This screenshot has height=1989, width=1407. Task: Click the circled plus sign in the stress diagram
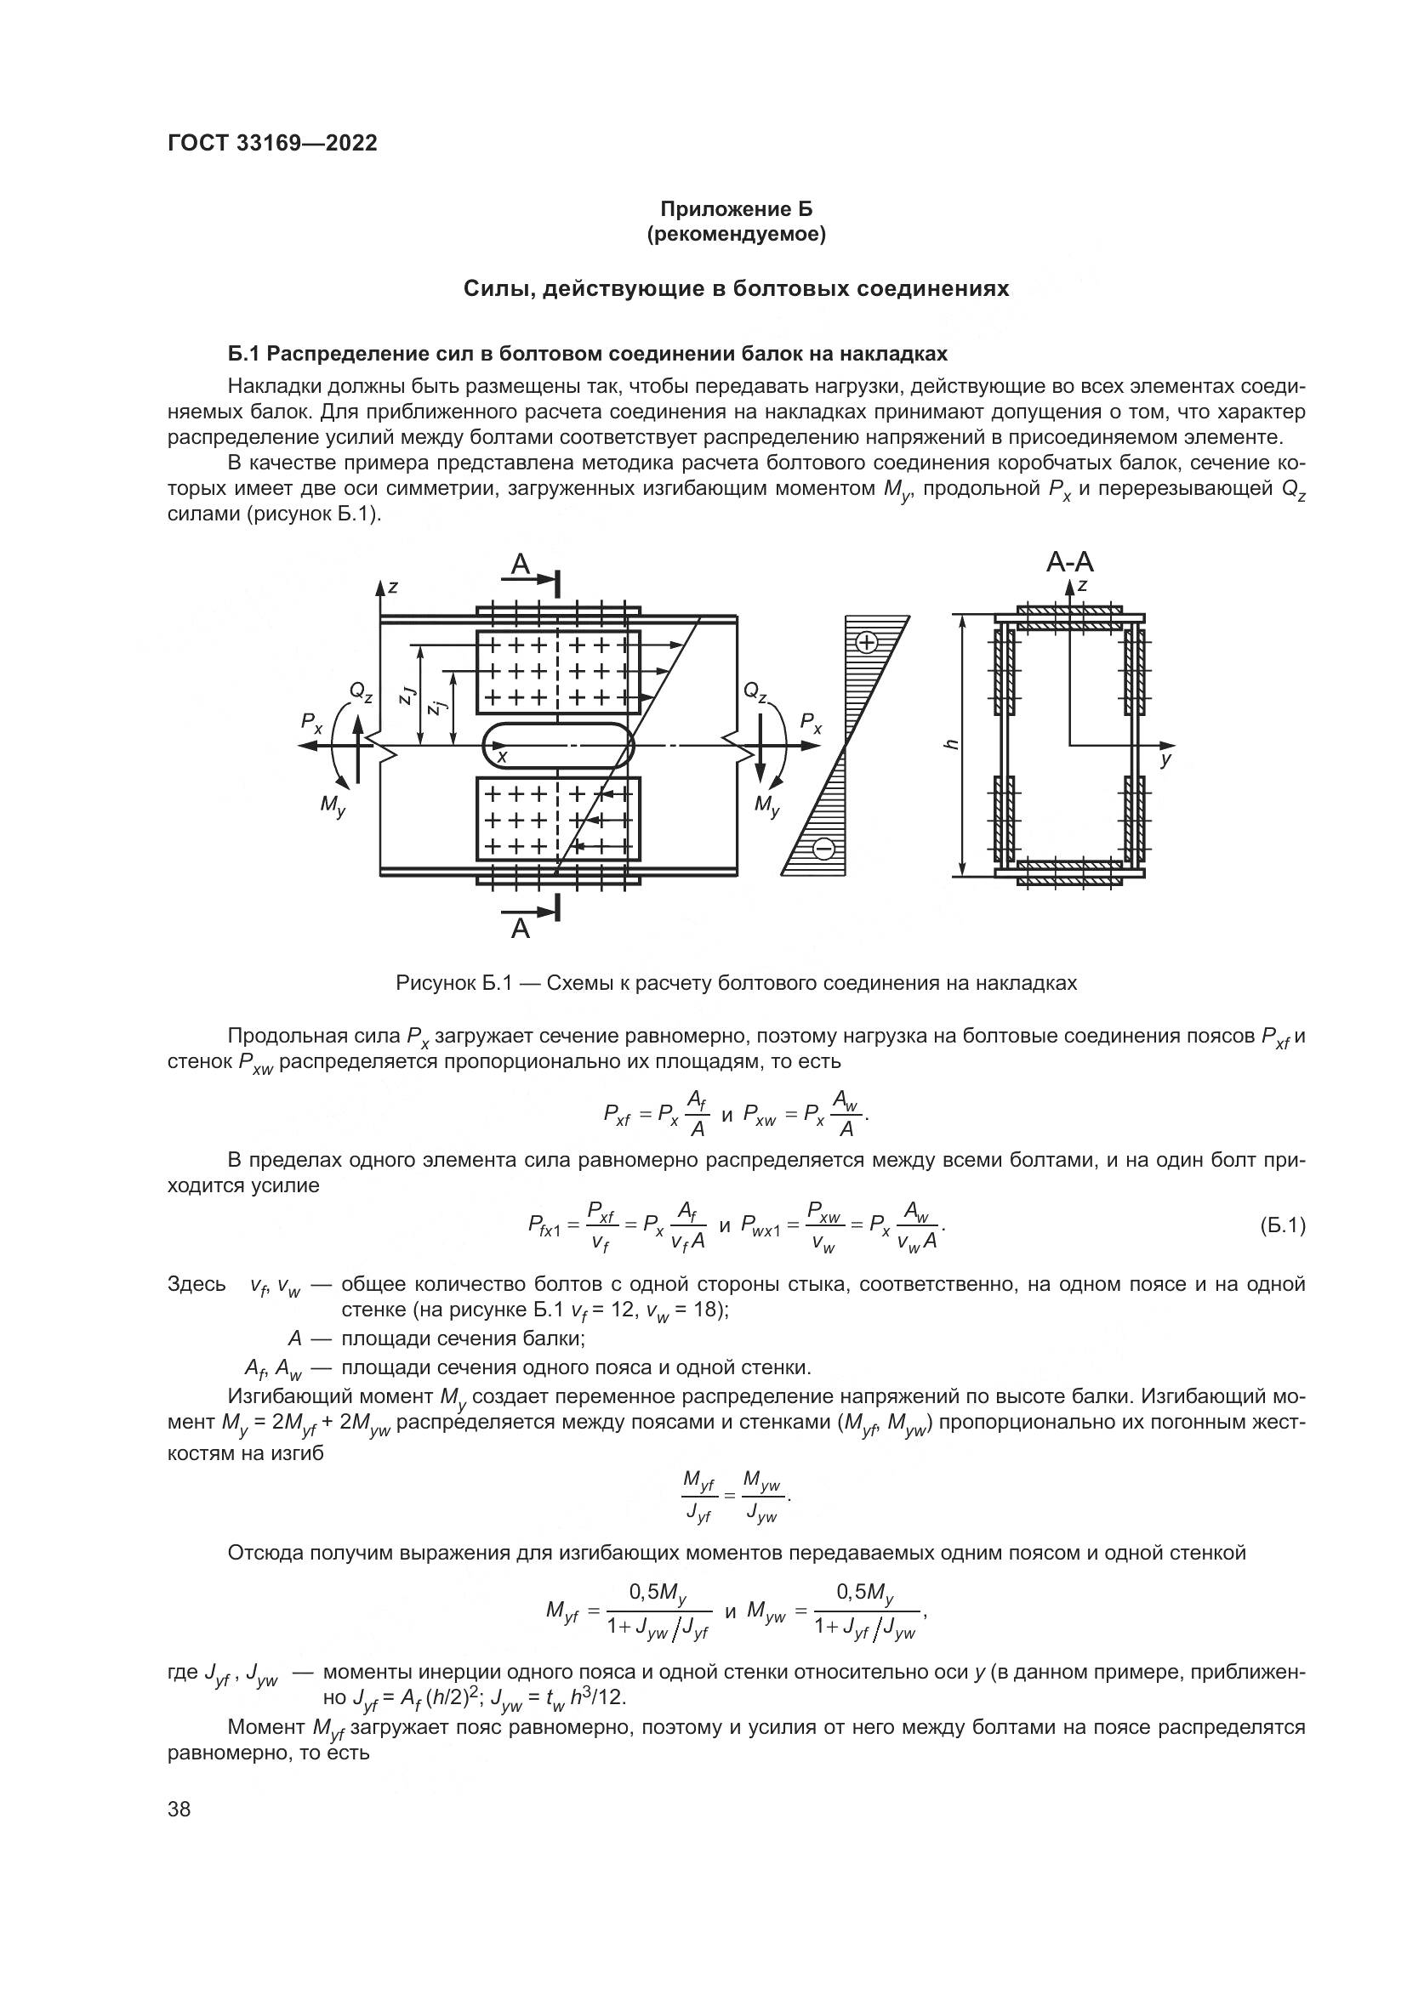coord(865,642)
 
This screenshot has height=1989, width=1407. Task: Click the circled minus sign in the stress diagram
coord(824,848)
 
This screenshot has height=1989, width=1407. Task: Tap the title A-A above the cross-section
coord(1069,562)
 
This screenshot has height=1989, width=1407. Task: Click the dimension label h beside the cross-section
coord(950,745)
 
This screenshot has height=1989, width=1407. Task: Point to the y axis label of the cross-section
coord(1166,759)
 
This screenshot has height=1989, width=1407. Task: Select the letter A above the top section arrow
coord(520,565)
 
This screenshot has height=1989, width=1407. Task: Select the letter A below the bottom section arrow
coord(520,929)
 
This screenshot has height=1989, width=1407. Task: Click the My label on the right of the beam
coord(766,804)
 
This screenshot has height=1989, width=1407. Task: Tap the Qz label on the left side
coord(361,691)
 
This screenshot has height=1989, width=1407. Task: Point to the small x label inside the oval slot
coord(502,756)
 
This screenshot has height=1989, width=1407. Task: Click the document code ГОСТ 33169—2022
coord(272,144)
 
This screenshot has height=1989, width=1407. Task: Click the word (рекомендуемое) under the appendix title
coord(737,234)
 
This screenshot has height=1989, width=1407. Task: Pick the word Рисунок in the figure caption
coord(433,983)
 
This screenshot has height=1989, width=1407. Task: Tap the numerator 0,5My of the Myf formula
coord(658,1592)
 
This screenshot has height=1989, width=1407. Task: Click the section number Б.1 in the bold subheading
coord(243,354)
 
